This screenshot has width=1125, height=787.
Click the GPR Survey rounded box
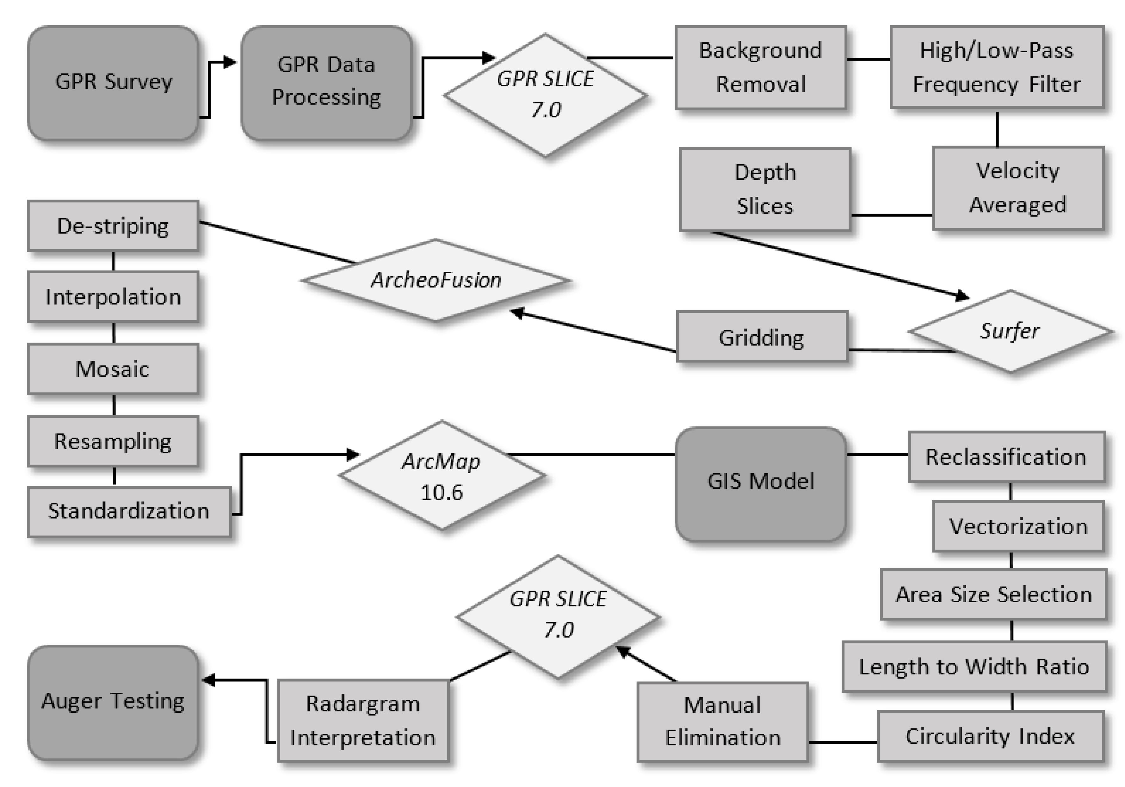point(113,83)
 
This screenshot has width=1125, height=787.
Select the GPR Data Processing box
point(326,83)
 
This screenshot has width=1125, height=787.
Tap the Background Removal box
point(760,67)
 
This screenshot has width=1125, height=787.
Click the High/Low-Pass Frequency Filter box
point(997,67)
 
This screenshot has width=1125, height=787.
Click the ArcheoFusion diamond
point(436,280)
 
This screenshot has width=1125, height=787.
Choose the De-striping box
point(113,226)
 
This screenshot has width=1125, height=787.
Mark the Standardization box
point(128,511)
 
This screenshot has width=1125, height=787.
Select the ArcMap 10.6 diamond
point(442,476)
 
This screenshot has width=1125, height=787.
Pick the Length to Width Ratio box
point(974,666)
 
